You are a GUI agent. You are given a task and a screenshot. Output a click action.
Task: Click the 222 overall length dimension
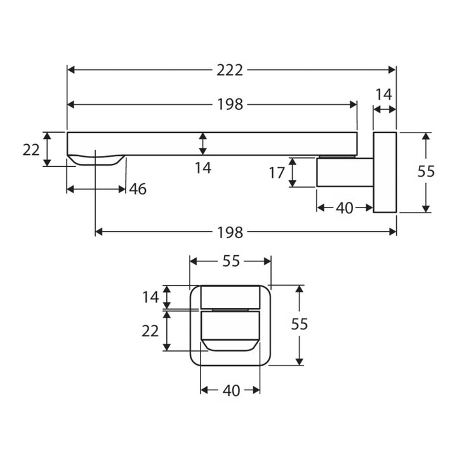point(230,70)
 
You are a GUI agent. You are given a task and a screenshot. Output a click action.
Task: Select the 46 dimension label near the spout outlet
point(138,189)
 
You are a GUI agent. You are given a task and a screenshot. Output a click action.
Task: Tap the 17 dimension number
point(277,173)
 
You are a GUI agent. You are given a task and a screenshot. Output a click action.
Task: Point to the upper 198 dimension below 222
point(230,104)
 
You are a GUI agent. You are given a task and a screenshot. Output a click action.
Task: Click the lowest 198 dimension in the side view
point(230,232)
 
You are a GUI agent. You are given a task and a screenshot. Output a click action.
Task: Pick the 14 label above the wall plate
point(383,95)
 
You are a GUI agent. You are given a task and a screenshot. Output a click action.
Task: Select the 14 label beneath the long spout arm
point(203,168)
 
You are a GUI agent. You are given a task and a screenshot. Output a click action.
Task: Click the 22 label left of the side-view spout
point(31,150)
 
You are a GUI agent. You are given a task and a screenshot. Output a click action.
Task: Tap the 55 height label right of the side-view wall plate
point(426,171)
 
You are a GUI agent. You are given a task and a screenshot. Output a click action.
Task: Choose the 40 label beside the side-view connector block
point(344,208)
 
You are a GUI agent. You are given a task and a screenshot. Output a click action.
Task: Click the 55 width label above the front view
point(231,261)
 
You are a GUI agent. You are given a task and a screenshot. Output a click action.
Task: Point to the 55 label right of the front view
point(300,324)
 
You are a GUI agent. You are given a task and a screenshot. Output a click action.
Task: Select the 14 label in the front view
point(150,297)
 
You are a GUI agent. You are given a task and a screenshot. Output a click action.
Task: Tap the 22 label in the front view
point(150,331)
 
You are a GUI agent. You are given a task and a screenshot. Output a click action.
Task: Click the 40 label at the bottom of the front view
point(231,390)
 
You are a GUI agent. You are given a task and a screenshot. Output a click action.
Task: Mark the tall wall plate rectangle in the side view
point(385,173)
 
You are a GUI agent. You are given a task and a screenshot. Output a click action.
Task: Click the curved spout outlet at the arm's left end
point(96,160)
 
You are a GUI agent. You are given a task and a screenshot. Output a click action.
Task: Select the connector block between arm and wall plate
point(345,172)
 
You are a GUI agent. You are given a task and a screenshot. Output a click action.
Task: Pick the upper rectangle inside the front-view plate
point(230,297)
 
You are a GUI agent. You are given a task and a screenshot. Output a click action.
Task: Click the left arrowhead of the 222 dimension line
point(71,70)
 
